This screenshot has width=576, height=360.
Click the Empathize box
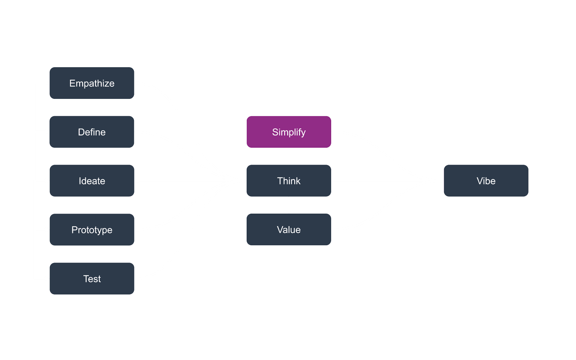click(92, 83)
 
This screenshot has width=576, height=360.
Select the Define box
click(92, 132)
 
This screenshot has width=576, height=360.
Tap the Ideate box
click(92, 181)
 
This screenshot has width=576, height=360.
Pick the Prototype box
click(92, 230)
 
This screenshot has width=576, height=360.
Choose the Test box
click(92, 279)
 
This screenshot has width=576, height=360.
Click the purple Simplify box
click(288, 132)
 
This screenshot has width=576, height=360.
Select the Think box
click(288, 181)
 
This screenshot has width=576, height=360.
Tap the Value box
click(288, 230)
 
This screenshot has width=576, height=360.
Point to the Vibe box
click(486, 181)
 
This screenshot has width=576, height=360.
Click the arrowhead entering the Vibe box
click(440, 181)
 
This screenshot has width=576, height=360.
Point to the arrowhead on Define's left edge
click(46, 132)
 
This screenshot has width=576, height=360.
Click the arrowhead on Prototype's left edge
click(46, 230)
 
